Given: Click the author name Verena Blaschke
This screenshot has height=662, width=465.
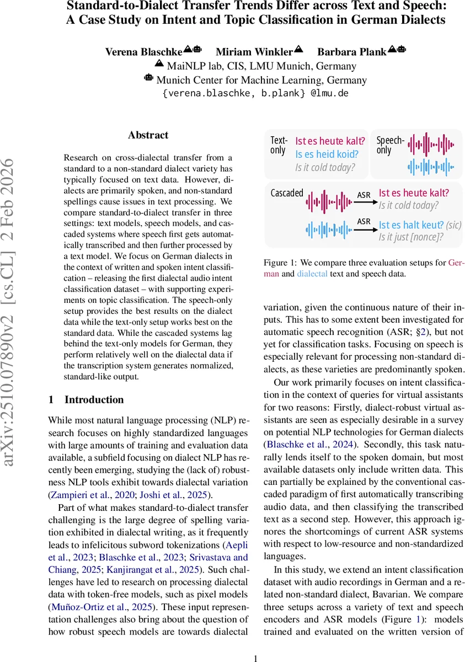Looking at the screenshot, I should [143, 52].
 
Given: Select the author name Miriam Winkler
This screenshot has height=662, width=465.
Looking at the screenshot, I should [254, 52].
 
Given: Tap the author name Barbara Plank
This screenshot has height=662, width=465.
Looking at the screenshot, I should [351, 52].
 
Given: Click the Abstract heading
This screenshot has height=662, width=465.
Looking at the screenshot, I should [148, 135].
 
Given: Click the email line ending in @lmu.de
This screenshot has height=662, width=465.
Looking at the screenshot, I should [255, 93].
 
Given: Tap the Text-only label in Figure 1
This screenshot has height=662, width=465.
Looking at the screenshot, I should [279, 146].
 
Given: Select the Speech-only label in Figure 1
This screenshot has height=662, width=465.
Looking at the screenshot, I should [391, 146].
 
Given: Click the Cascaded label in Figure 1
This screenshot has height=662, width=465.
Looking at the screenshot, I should [287, 193].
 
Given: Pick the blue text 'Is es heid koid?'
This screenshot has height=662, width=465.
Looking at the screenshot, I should [327, 154].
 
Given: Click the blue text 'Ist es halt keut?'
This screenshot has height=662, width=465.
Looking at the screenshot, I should [411, 225].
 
